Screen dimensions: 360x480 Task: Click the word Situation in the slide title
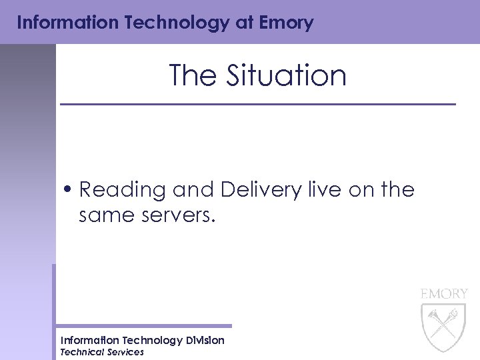pos(287,75)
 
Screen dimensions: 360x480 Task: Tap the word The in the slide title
pos(194,75)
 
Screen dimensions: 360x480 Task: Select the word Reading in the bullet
pos(122,191)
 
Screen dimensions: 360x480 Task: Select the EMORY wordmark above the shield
pos(444,293)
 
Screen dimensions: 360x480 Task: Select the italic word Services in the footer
pos(125,352)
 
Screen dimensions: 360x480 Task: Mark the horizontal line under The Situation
pos(257,104)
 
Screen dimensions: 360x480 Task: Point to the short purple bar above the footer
pos(143,326)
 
